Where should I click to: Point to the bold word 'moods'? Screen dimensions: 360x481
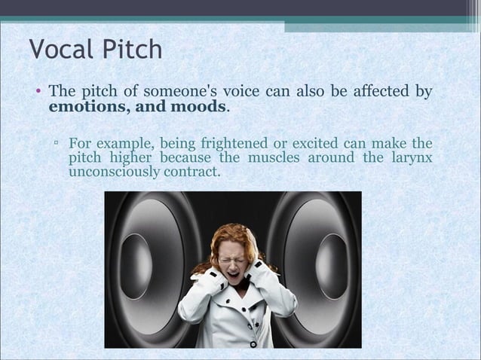(x=199, y=107)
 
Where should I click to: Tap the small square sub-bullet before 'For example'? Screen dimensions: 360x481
(x=57, y=143)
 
